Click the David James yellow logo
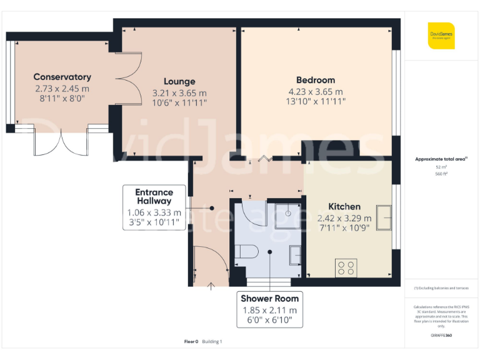(x=441, y=36)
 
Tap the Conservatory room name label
(x=62, y=77)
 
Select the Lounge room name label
(x=179, y=81)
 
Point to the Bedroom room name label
(x=315, y=80)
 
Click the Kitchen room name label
(x=344, y=206)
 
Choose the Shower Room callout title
(x=270, y=298)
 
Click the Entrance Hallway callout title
(x=154, y=196)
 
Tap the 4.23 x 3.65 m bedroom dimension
(x=315, y=91)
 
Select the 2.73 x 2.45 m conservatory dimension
(x=62, y=88)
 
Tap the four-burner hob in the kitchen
(x=346, y=267)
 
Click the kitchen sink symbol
(x=384, y=217)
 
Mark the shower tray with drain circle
(x=288, y=213)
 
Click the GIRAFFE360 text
(x=441, y=336)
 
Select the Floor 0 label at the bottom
(x=191, y=341)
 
